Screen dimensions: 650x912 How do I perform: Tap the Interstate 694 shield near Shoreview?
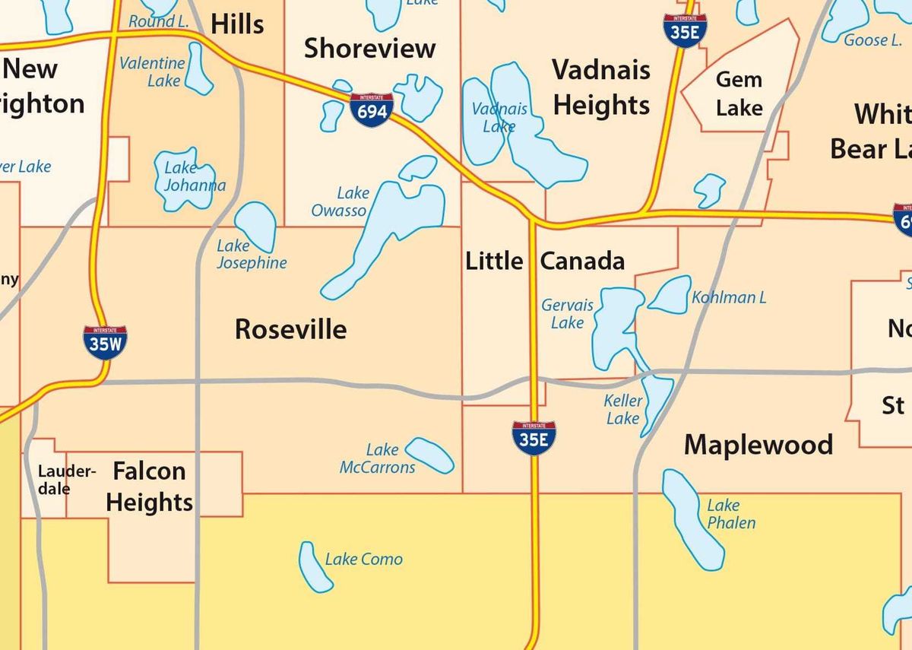click(x=372, y=110)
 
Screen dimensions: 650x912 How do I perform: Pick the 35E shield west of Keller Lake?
click(x=534, y=438)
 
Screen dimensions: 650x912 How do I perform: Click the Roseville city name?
click(x=290, y=329)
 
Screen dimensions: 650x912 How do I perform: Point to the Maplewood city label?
click(x=758, y=444)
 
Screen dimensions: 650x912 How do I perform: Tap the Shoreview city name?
click(x=369, y=49)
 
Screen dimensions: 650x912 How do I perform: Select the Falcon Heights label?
click(x=149, y=487)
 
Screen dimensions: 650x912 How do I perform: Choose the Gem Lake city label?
click(x=739, y=94)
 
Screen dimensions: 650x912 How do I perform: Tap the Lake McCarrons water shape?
click(x=430, y=455)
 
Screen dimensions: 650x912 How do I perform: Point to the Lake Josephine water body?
click(x=255, y=225)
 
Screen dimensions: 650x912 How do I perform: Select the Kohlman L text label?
click(x=728, y=297)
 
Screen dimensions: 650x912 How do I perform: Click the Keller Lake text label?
click(x=623, y=410)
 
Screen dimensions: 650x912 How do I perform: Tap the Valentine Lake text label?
click(x=152, y=72)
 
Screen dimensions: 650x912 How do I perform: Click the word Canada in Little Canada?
click(x=582, y=261)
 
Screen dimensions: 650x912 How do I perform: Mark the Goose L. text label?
click(x=872, y=40)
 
